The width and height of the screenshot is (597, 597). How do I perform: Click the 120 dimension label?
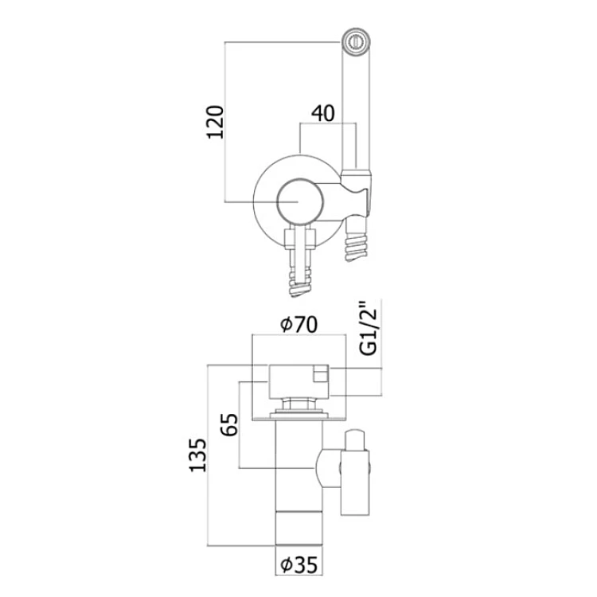(215, 123)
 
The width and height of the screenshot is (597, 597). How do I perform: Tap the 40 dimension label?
(323, 114)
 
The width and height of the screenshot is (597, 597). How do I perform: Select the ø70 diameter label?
(298, 325)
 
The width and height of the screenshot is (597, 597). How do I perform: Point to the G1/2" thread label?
(369, 329)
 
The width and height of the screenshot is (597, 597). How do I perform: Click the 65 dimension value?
(229, 424)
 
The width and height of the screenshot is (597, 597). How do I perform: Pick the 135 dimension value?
(198, 455)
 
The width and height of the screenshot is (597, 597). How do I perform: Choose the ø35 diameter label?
(298, 565)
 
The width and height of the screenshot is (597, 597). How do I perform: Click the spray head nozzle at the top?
(356, 41)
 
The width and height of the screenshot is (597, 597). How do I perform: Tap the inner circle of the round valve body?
(300, 201)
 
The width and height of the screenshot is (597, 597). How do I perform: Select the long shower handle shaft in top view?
(356, 111)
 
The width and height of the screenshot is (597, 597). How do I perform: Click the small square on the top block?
(321, 373)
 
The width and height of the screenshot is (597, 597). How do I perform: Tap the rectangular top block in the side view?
(298, 382)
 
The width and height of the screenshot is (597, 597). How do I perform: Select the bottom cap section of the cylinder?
(298, 529)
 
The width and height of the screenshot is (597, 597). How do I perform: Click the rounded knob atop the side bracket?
(355, 439)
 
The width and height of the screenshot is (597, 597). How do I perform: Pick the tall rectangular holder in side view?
(355, 483)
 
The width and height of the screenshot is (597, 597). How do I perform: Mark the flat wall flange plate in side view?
(298, 419)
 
